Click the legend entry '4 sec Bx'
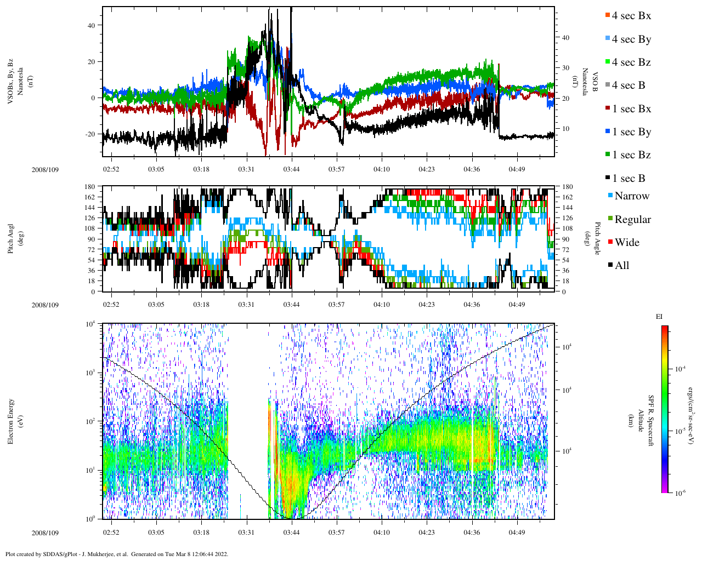click(x=631, y=16)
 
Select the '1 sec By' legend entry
click(x=631, y=132)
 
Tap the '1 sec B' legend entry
click(x=629, y=179)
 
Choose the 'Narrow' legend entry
click(x=631, y=196)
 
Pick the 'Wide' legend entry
click(x=627, y=243)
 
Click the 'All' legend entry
click(x=622, y=266)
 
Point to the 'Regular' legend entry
click(x=632, y=220)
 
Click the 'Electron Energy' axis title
click(x=10, y=421)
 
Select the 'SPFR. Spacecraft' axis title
click(x=652, y=421)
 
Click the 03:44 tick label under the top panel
click(x=291, y=169)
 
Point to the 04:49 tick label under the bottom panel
click(x=516, y=533)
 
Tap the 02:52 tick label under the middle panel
click(x=111, y=305)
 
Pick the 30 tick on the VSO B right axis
click(x=565, y=68)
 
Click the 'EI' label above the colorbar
click(x=659, y=317)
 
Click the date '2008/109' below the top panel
click(x=45, y=169)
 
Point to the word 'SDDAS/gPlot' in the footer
click(x=59, y=554)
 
